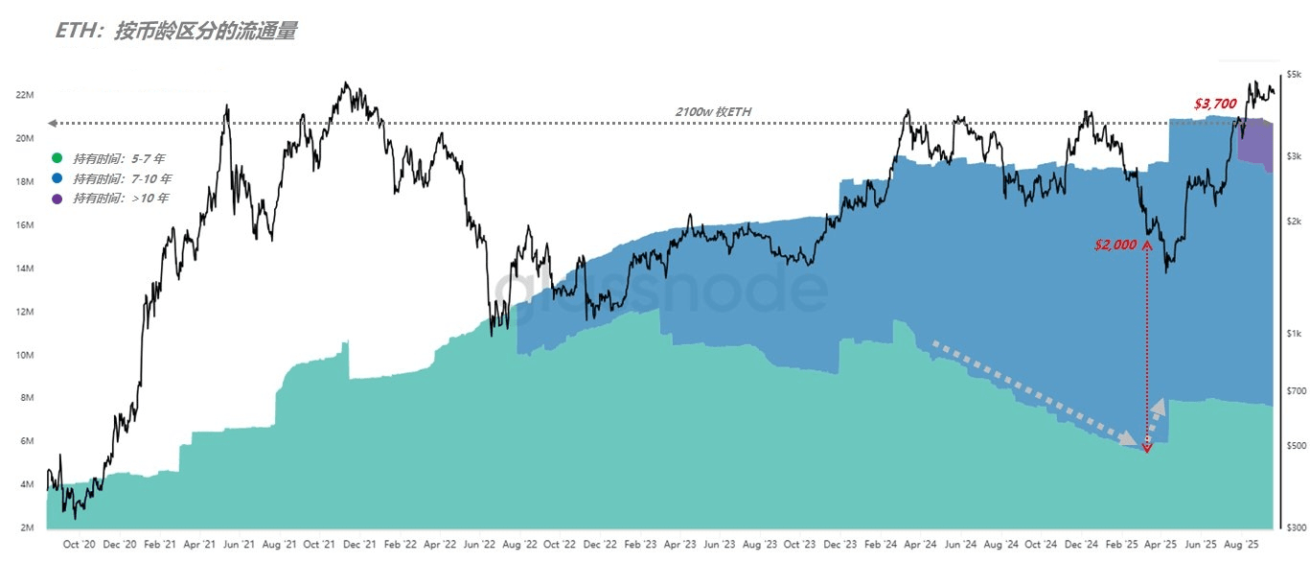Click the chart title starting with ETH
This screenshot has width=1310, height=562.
[175, 31]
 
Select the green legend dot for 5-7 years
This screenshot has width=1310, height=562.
[57, 158]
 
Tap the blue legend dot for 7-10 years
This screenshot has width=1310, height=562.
[57, 178]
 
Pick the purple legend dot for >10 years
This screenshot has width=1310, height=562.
[57, 199]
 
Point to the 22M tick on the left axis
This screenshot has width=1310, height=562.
[26, 95]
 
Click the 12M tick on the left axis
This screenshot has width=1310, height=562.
[26, 312]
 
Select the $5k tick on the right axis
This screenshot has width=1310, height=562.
[1294, 74]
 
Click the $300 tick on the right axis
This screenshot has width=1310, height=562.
[1294, 528]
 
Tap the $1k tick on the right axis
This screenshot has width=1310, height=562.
[1294, 334]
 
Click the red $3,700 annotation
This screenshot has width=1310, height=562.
[1214, 103]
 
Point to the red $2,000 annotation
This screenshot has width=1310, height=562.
[1115, 245]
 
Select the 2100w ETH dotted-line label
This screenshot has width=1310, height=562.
[714, 112]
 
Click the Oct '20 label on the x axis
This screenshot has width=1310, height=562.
[79, 544]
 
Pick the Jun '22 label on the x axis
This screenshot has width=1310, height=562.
[480, 544]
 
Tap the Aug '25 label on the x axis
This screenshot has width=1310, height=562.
[1241, 544]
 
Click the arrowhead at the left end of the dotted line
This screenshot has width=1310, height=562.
[52, 123]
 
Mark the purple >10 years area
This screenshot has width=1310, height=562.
[1255, 144]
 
